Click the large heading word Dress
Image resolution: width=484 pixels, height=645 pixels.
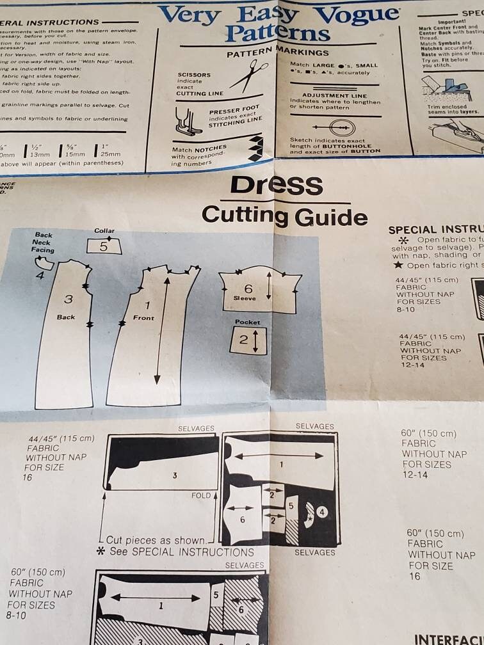[x=276, y=185]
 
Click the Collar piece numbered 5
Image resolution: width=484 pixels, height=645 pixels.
[x=104, y=246]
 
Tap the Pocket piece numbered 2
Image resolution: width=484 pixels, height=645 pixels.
[x=248, y=340]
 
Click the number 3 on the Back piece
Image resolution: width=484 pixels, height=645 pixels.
[x=68, y=299]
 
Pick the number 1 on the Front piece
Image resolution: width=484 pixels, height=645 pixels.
[x=147, y=305]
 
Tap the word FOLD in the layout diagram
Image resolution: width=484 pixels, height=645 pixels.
[x=201, y=496]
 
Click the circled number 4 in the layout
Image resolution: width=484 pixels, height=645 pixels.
[x=322, y=512]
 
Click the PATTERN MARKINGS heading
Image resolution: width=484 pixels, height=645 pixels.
[x=278, y=53]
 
